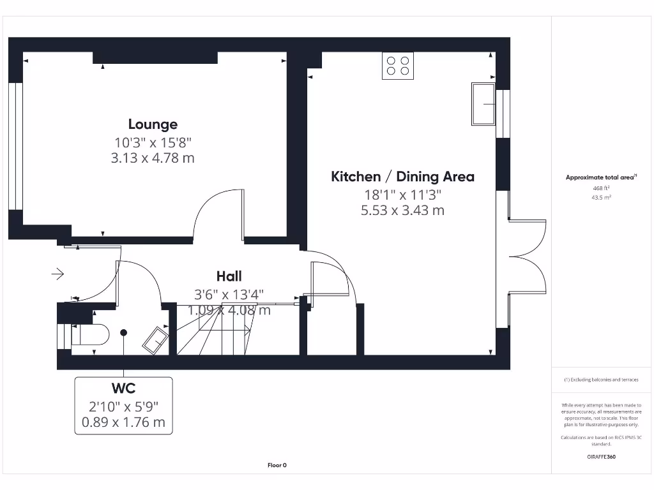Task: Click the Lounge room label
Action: pyautogui.click(x=153, y=124)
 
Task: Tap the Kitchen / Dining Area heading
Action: pyautogui.click(x=402, y=177)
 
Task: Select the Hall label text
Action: pyautogui.click(x=229, y=276)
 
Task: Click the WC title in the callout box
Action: pyautogui.click(x=123, y=388)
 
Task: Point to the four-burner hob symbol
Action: pyautogui.click(x=397, y=66)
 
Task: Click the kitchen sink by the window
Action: pyautogui.click(x=483, y=103)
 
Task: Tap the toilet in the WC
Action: pyautogui.click(x=89, y=334)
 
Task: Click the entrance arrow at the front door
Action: pyautogui.click(x=57, y=274)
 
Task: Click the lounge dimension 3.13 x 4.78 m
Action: pyautogui.click(x=153, y=158)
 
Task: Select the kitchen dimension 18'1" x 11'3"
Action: pyautogui.click(x=402, y=195)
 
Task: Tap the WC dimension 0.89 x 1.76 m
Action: pyautogui.click(x=123, y=422)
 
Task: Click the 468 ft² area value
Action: pyautogui.click(x=601, y=188)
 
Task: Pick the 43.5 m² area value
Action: pyautogui.click(x=601, y=198)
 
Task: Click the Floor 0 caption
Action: pyautogui.click(x=277, y=465)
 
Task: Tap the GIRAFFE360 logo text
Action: pyautogui.click(x=601, y=457)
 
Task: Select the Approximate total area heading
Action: pyautogui.click(x=600, y=177)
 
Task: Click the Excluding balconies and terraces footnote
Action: pyautogui.click(x=601, y=380)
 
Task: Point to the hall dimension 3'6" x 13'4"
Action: pyautogui.click(x=229, y=294)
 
